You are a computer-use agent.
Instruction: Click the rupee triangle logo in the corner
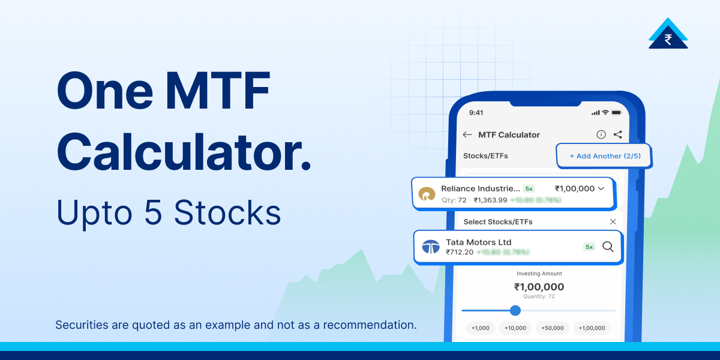coord(668,34)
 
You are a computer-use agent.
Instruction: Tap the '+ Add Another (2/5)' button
coord(604,156)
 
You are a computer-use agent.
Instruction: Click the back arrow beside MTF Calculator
coord(467,135)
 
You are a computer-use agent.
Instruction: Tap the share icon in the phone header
coord(618,135)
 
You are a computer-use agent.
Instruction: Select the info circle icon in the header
coord(601,135)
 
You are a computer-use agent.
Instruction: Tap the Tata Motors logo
coord(430,247)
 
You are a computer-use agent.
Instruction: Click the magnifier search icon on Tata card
coord(608,247)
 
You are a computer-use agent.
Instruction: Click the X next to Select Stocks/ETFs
coord(613,221)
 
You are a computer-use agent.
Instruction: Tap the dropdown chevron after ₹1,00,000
coord(601,188)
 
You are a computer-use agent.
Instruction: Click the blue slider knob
coord(515,310)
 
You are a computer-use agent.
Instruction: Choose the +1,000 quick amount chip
coord(481,328)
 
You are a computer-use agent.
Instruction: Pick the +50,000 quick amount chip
coord(552,328)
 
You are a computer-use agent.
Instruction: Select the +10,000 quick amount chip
coord(515,328)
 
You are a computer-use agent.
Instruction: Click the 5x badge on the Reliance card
coord(528,188)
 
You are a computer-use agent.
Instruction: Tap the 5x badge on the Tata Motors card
coord(589,247)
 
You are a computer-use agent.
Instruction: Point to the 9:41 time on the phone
coord(476,112)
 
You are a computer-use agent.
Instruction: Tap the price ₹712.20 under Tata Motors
coord(459,252)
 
